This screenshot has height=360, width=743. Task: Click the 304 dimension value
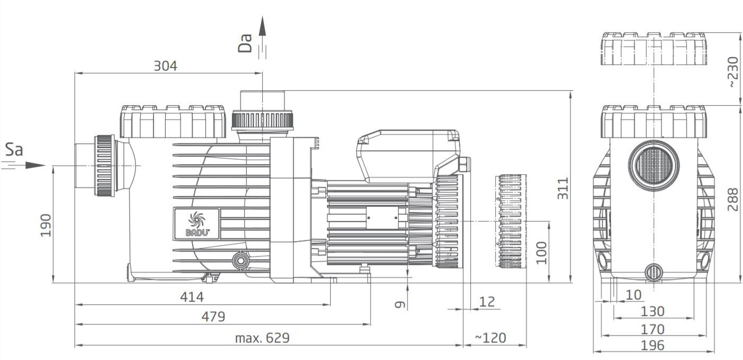coord(165,66)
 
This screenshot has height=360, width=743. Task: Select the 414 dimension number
coord(192,297)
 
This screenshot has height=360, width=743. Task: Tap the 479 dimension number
coord(213,316)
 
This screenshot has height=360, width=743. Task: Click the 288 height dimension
coord(732,199)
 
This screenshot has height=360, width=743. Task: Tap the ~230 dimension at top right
coord(732,72)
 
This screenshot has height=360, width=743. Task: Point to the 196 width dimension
coord(652,345)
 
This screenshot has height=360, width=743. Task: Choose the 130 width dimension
coord(652,311)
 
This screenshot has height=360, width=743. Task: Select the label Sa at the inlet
coord(14,150)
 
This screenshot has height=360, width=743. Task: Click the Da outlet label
coord(245,44)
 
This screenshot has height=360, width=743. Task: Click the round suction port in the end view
coord(653,165)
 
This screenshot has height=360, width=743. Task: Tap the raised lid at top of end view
coord(654,49)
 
